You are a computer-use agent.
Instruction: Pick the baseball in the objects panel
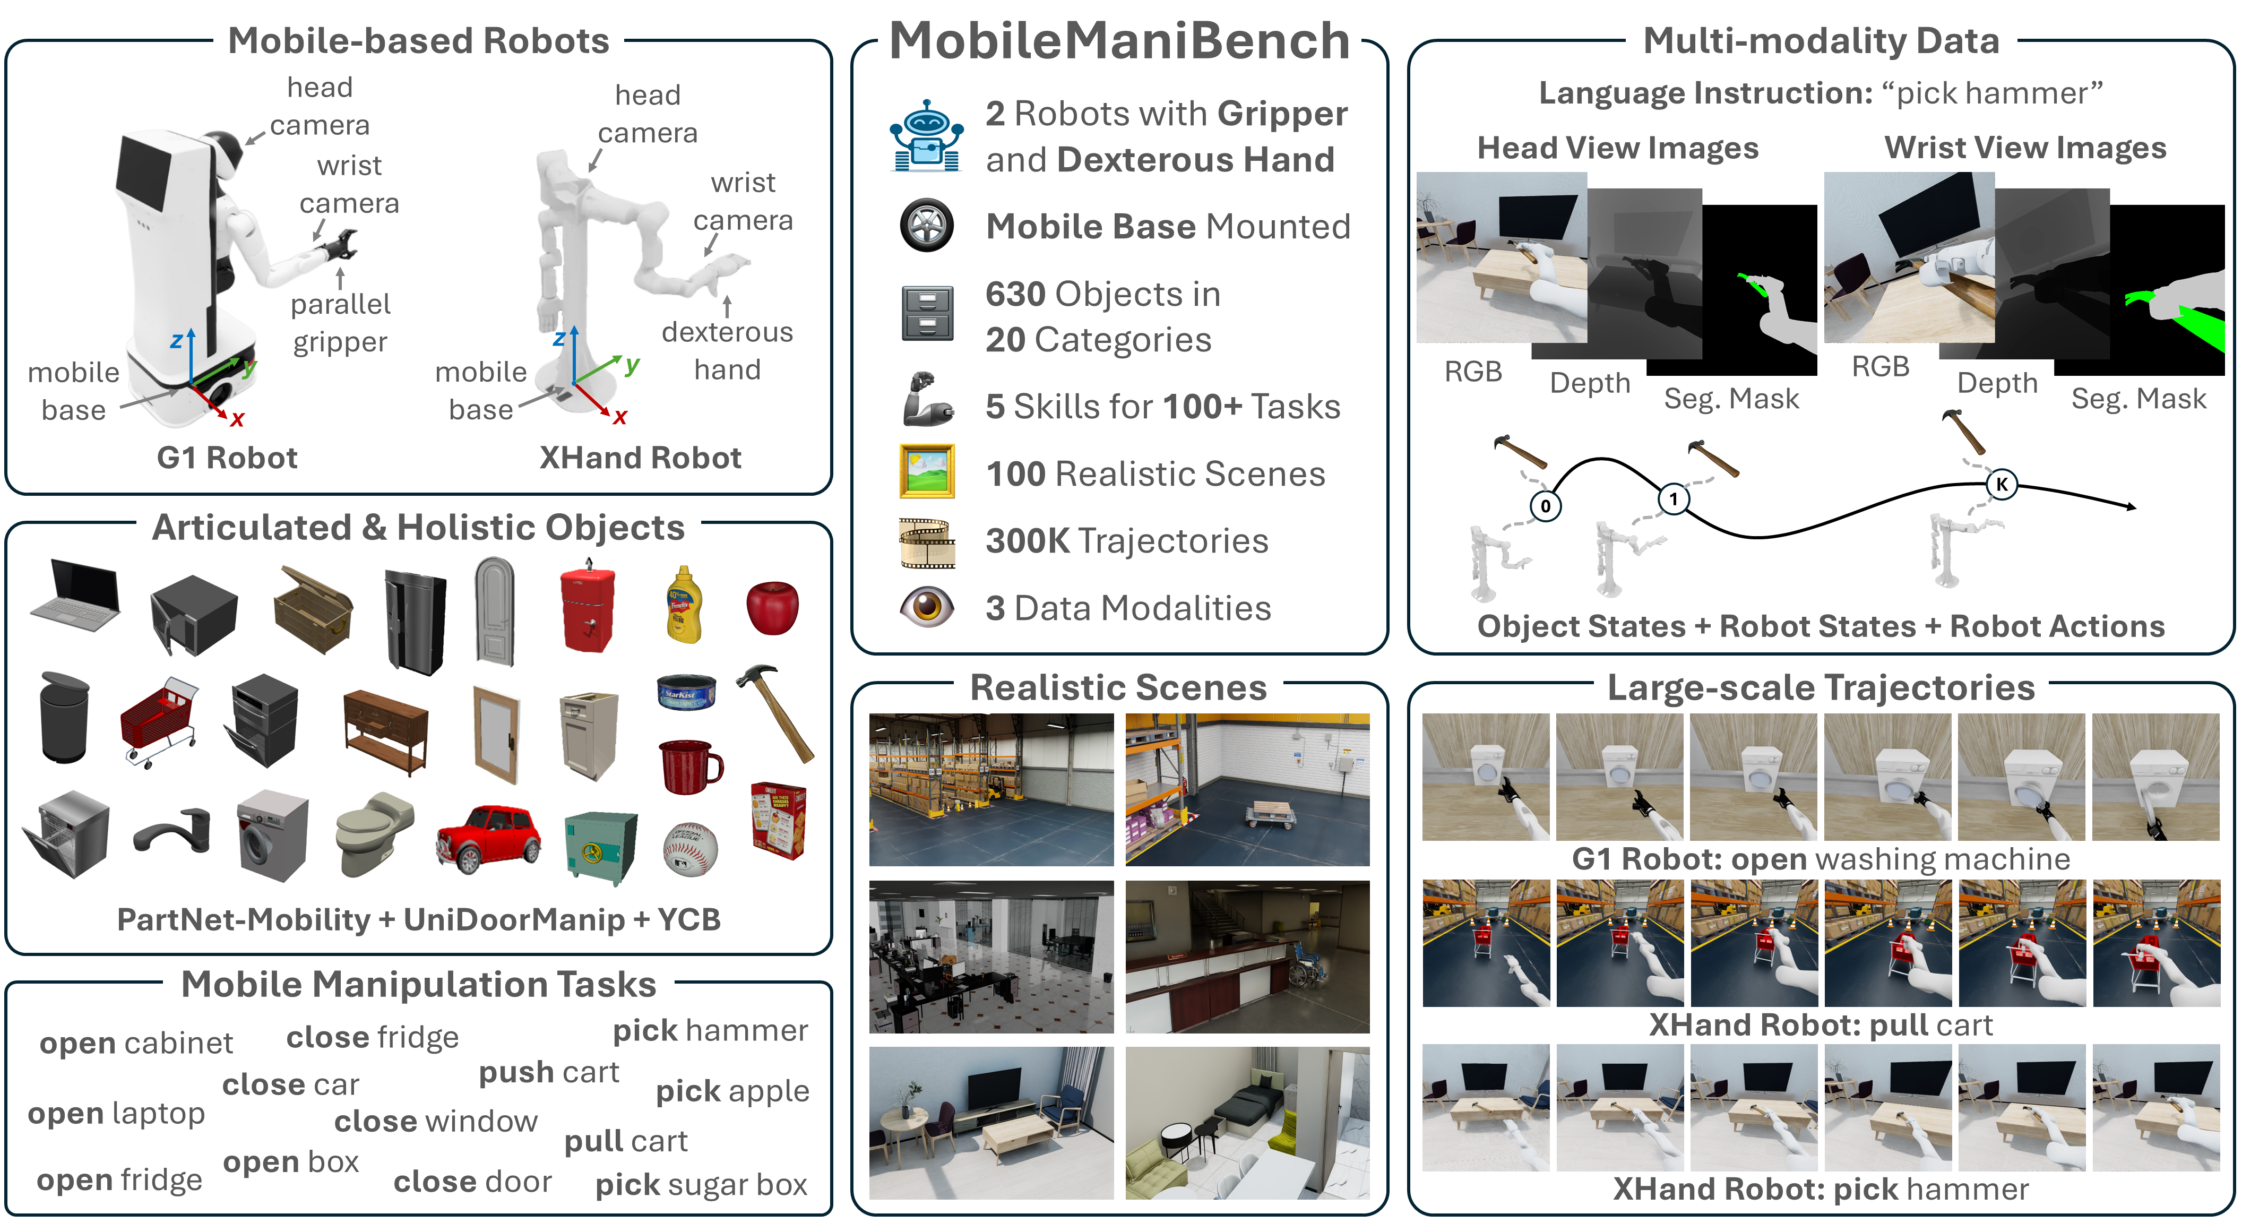pos(690,849)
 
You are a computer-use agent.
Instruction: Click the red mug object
pos(689,766)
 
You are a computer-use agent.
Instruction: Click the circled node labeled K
pos(2002,484)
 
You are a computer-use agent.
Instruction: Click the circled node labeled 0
pos(1545,506)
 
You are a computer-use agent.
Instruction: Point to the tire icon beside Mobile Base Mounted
pos(926,226)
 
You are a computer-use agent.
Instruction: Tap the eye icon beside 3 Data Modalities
pos(926,607)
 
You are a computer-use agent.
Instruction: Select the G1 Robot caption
pos(227,458)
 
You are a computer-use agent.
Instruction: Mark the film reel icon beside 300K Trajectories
pos(926,541)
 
